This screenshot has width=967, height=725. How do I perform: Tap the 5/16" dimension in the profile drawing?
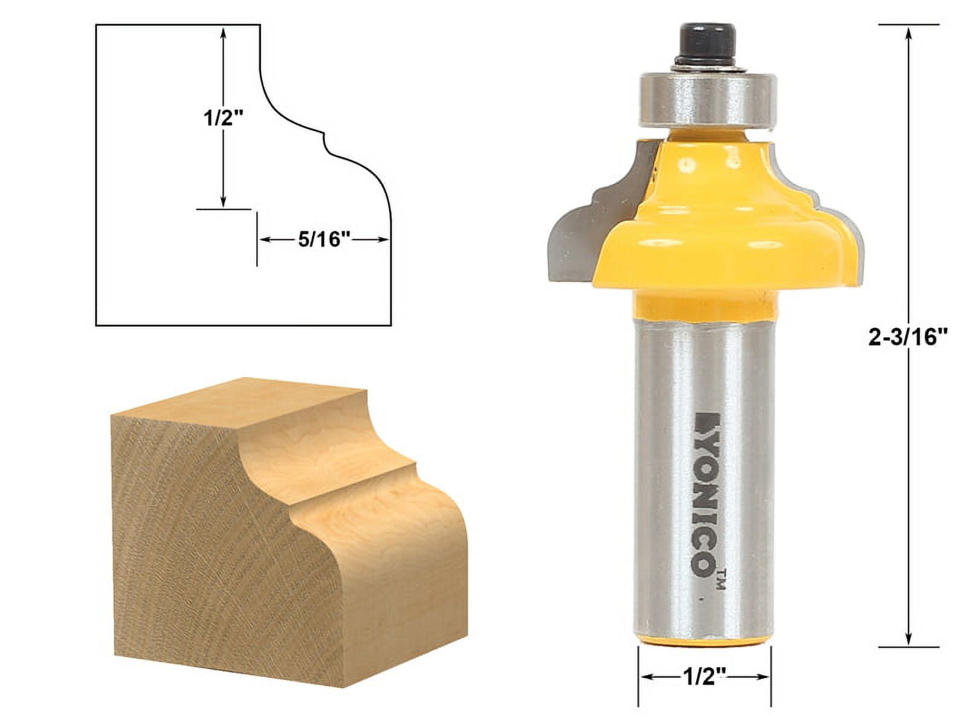tap(324, 240)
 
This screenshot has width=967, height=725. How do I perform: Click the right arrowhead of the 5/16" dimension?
tap(384, 240)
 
